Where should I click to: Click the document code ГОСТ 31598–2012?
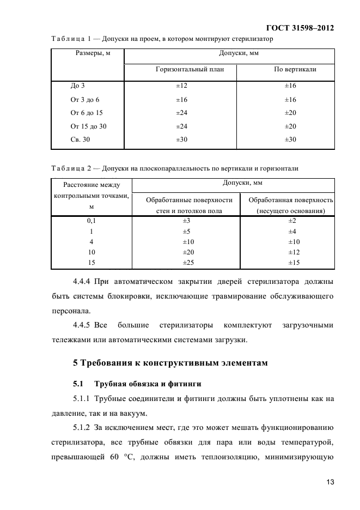pos(299,28)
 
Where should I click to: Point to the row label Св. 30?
pos(80,139)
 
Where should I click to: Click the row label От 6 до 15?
pos(87,113)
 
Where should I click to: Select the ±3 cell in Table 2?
pos(186,221)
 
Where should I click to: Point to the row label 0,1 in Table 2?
pos(91,221)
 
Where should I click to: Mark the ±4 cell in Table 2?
pos(291,231)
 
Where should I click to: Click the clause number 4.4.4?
pos(82,282)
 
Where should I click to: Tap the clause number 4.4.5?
pos(82,326)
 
